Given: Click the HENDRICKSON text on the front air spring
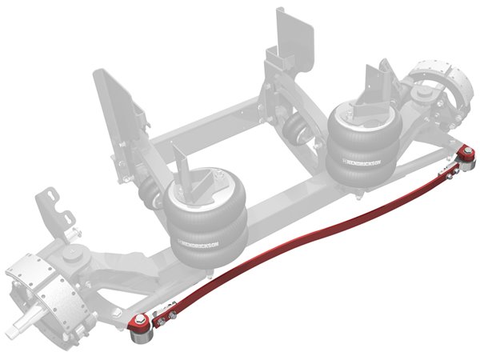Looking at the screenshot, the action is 199,243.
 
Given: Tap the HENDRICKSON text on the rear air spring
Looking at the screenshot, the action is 362,162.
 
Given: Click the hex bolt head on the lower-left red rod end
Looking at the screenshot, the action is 140,318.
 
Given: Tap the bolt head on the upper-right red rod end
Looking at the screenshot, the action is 468,150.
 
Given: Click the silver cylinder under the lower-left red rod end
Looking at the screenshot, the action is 142,338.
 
